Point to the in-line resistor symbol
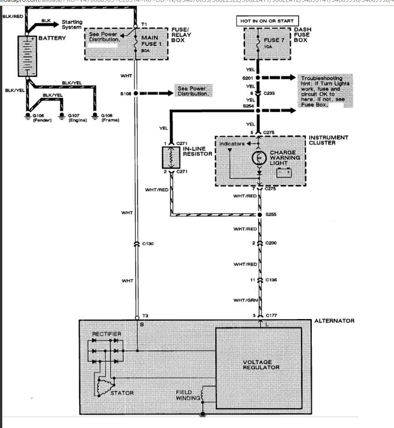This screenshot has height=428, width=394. click(171, 157)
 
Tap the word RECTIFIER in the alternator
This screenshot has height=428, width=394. click(107, 334)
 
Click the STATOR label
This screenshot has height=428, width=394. click(122, 393)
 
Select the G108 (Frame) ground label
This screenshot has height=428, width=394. click(110, 118)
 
